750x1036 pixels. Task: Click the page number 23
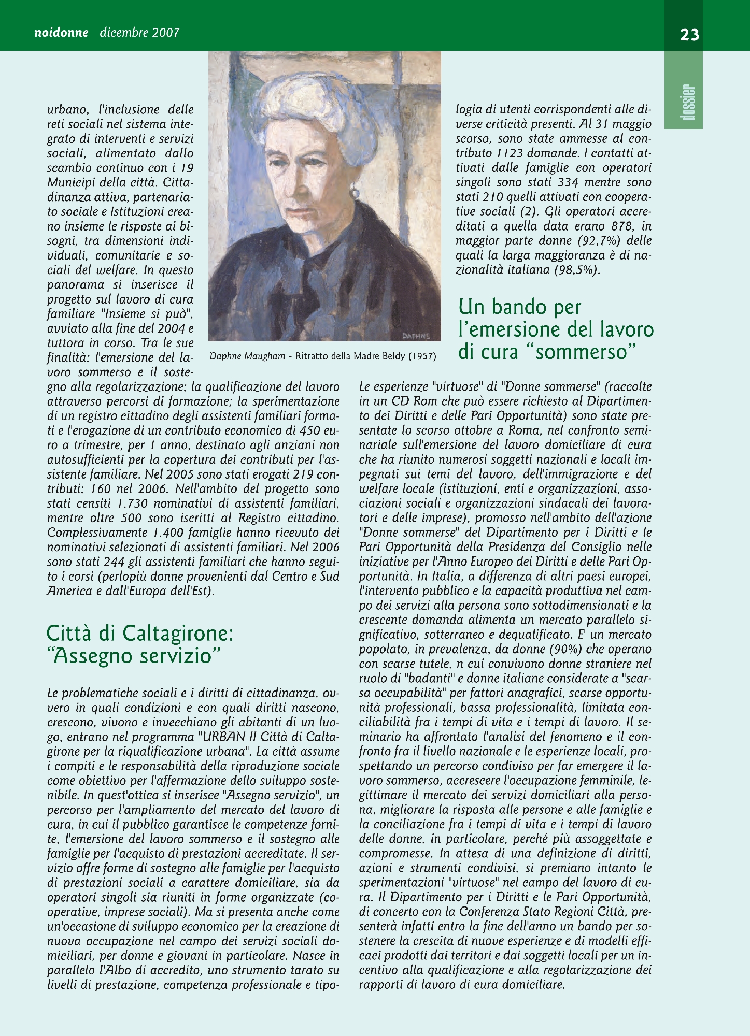pyautogui.click(x=689, y=35)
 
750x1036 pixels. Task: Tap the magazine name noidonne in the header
pyautogui.click(x=61, y=33)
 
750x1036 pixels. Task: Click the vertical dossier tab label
pyautogui.click(x=689, y=102)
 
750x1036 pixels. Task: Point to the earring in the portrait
pyautogui.click(x=356, y=193)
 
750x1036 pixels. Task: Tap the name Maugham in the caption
pyautogui.click(x=266, y=356)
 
